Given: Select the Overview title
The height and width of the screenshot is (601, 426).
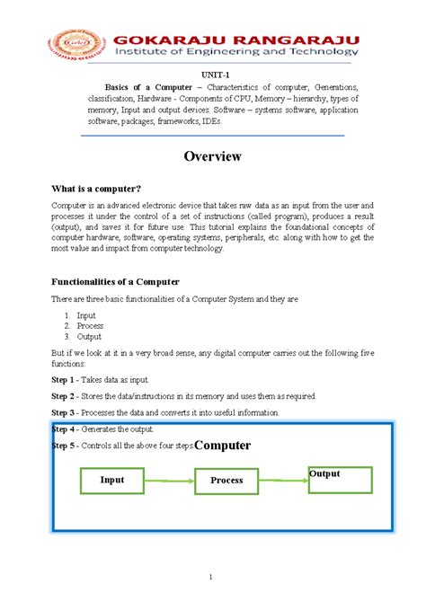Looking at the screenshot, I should pos(213,156).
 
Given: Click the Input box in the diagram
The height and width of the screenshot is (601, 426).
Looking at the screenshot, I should pos(112,481).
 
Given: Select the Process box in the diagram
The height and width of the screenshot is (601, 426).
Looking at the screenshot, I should pos(226,481).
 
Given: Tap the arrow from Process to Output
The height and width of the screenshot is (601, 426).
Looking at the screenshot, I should pos(283,480).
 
